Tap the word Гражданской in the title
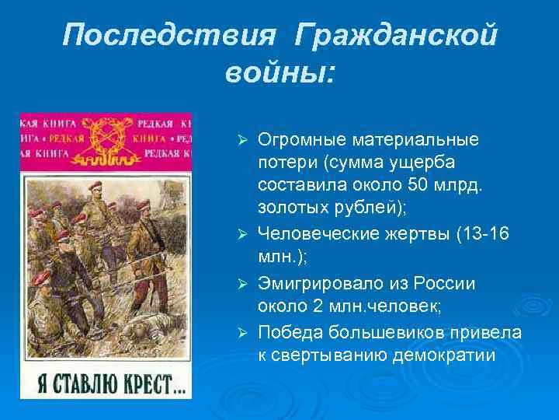pyautogui.click(x=397, y=34)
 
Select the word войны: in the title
pyautogui.click(x=280, y=73)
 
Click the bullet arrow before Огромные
pyautogui.click(x=241, y=141)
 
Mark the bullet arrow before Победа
pyautogui.click(x=241, y=333)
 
